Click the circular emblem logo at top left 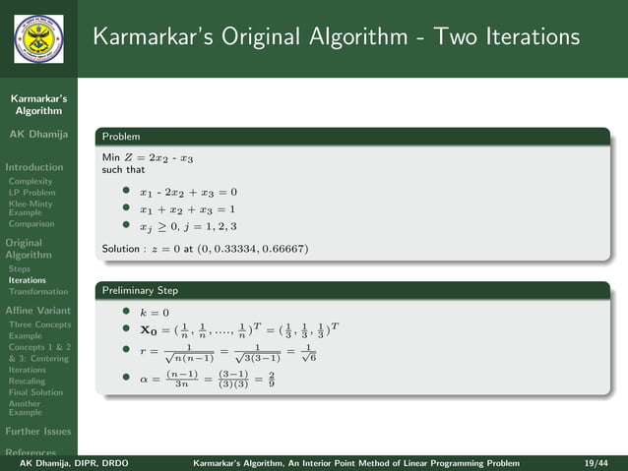coord(38,38)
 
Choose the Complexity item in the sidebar coord(31,181)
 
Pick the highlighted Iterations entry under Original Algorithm coord(28,280)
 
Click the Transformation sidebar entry coord(38,292)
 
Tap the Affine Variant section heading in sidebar coord(38,310)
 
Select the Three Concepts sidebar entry coord(39,324)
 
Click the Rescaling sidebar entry coord(27,381)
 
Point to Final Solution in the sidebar coord(36,392)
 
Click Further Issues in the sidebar coord(38,432)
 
